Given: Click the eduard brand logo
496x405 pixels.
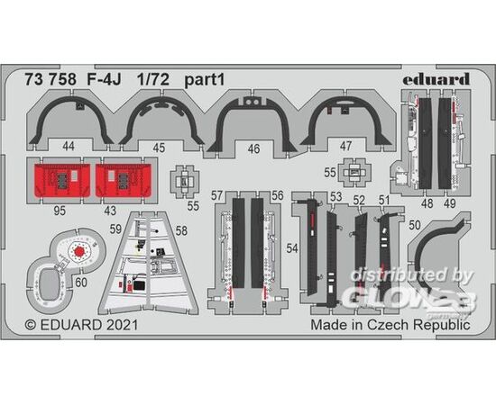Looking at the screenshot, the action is pyautogui.click(x=436, y=79).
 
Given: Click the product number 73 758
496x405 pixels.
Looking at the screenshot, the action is pyautogui.click(x=51, y=80).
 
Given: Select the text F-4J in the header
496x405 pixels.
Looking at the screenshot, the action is pyautogui.click(x=104, y=80).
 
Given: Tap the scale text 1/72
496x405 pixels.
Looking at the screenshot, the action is pyautogui.click(x=153, y=80).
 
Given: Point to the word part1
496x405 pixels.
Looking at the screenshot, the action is pyautogui.click(x=205, y=80).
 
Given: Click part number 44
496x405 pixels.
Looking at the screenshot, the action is pyautogui.click(x=69, y=146).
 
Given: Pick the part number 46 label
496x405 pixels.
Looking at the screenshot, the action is pyautogui.click(x=253, y=148).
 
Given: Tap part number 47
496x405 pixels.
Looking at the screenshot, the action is pyautogui.click(x=345, y=146).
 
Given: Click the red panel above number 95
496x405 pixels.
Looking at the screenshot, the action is pyautogui.click(x=61, y=180).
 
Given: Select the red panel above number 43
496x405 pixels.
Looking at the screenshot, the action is pyautogui.click(x=124, y=180).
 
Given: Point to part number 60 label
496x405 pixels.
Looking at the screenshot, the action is pyautogui.click(x=81, y=283).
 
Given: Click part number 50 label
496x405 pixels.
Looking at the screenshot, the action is pyautogui.click(x=415, y=225).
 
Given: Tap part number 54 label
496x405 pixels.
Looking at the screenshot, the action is pyautogui.click(x=292, y=248).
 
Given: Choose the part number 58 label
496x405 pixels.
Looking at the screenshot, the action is pyautogui.click(x=181, y=230).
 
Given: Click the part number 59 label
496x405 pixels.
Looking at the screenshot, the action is pyautogui.click(x=115, y=229).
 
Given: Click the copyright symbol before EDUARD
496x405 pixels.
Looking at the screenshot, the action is pyautogui.click(x=31, y=325).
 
